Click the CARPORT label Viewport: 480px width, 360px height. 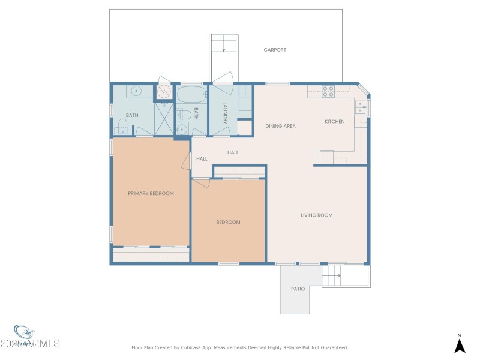pyautogui.click(x=275, y=50)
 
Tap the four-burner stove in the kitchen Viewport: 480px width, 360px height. pyautogui.click(x=328, y=91)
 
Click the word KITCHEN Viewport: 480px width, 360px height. pyautogui.click(x=335, y=122)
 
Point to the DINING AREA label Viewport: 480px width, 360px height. pyautogui.click(x=280, y=126)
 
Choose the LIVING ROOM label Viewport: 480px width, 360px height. pyautogui.click(x=316, y=215)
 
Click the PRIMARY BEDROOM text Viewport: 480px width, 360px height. pyautogui.click(x=151, y=193)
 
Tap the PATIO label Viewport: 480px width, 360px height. pyautogui.click(x=298, y=289)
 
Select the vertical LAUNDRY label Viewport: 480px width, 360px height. pyautogui.click(x=225, y=113)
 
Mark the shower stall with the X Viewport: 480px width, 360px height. pyautogui.click(x=164, y=118)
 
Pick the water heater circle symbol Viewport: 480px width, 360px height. pyautogui.click(x=164, y=92)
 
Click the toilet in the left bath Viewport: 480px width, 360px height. pyautogui.click(x=122, y=125)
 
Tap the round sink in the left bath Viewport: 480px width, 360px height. pyautogui.click(x=136, y=91)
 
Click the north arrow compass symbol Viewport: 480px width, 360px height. pyautogui.click(x=460, y=345)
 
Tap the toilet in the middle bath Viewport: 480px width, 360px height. pyautogui.click(x=185, y=113)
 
